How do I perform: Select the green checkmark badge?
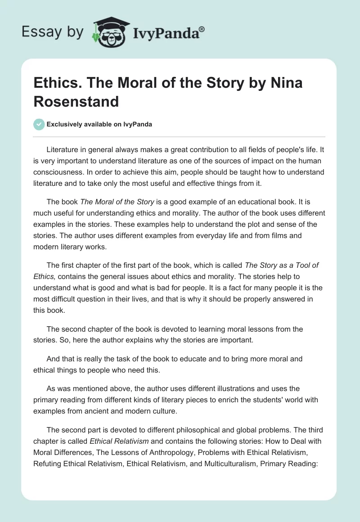click(39, 125)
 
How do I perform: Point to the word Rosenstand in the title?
click(76, 101)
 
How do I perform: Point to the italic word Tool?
click(296, 265)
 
